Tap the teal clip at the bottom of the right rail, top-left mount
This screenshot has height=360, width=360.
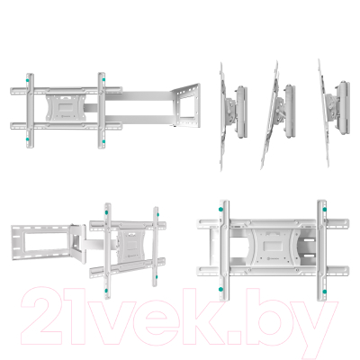[104, 139]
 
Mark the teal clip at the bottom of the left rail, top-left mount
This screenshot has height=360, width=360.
[31, 139]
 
